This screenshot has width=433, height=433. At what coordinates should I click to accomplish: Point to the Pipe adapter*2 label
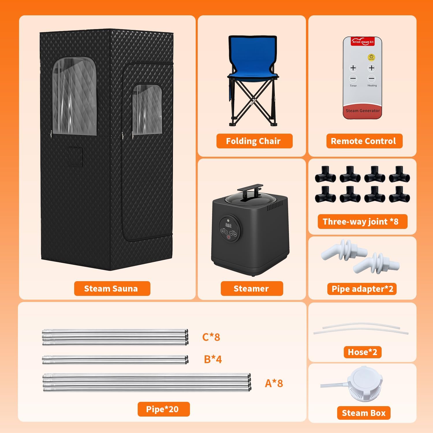[362, 289]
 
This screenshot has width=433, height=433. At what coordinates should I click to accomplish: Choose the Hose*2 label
[363, 352]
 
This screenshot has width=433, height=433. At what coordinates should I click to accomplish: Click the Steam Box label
[364, 413]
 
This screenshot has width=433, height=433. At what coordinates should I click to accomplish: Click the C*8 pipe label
[211, 337]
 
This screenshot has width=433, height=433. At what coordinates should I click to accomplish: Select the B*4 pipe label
[213, 359]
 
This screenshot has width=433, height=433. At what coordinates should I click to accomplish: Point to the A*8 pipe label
[274, 383]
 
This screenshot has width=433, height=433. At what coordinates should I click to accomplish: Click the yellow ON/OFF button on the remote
[371, 57]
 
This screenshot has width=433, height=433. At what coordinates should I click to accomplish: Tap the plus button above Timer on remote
[353, 68]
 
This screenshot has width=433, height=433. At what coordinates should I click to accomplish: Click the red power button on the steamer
[228, 237]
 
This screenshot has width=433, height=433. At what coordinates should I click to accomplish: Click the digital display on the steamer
[228, 225]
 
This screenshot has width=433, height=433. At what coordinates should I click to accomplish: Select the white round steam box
[365, 383]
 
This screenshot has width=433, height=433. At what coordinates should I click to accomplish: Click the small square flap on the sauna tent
[76, 156]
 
